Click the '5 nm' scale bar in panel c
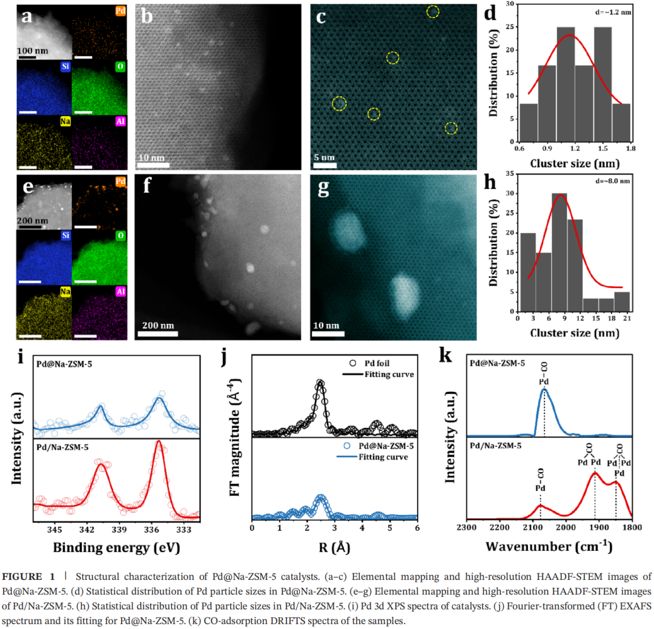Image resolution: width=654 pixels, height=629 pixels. point(325,165)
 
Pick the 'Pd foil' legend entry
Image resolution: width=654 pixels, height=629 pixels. point(375,364)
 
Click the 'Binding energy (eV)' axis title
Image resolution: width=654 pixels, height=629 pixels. point(117,548)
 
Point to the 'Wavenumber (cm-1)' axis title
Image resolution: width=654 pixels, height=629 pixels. point(549,547)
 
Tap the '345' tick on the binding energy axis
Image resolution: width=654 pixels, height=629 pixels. point(54,529)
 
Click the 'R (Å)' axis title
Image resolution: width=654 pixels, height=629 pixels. point(333,547)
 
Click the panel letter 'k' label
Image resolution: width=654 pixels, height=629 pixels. point(445,356)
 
